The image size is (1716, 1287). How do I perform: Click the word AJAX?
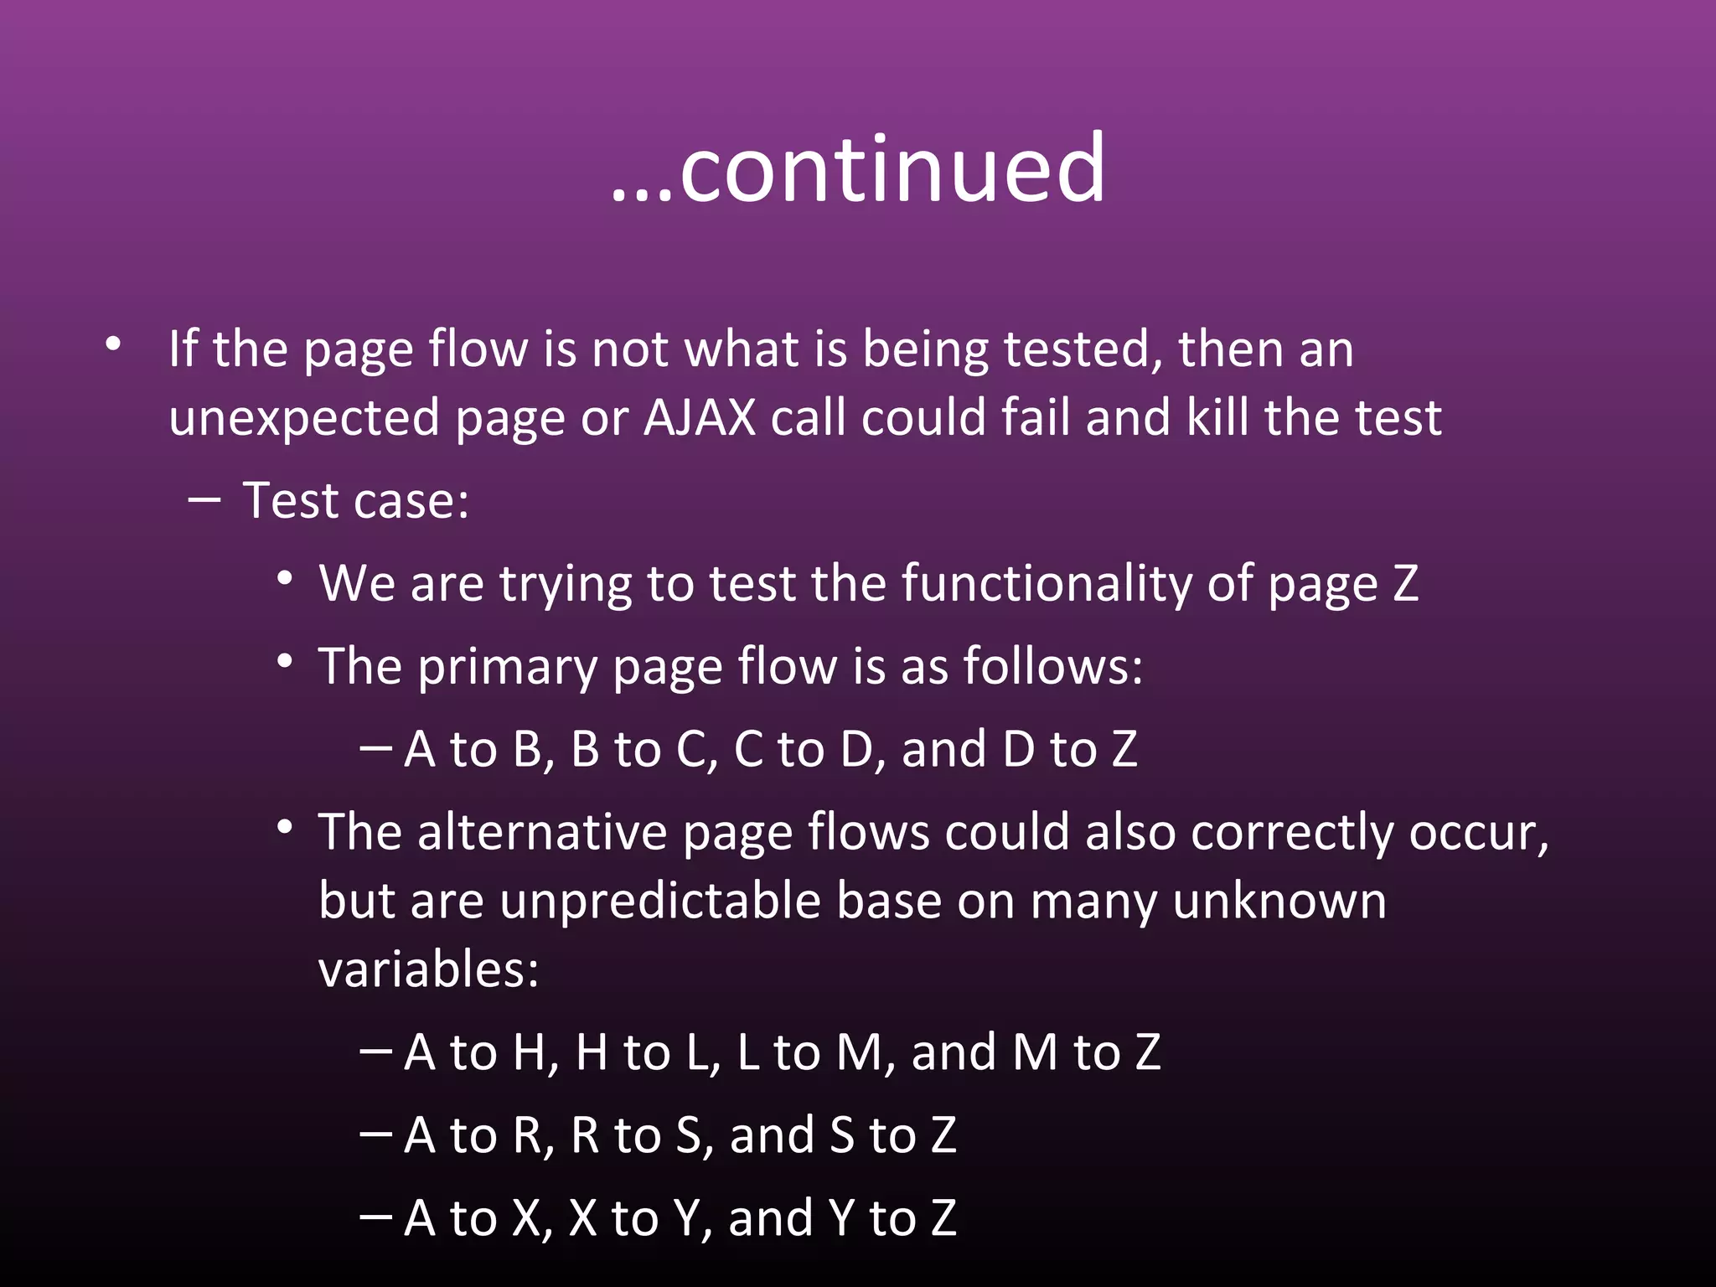click(x=700, y=417)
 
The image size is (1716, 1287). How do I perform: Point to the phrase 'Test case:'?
click(x=355, y=501)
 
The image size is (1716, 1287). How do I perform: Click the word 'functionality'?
click(x=1047, y=583)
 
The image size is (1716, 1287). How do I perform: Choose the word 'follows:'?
click(x=1052, y=666)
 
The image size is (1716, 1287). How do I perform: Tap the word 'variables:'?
click(x=428, y=969)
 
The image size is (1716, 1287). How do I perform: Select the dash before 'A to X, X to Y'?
click(x=375, y=1216)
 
